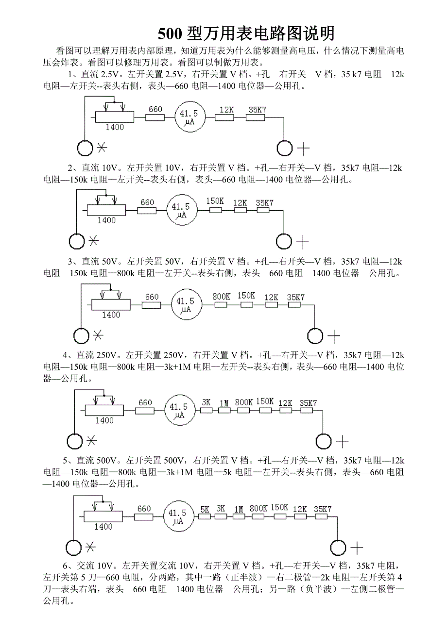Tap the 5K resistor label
pos(205,509)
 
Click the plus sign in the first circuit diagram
pos(303,148)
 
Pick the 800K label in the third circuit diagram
pos(221,296)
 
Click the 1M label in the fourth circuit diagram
pos(224,403)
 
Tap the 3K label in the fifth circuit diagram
pos(221,509)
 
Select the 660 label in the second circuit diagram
pos(147,202)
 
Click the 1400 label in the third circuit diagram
pos(111,315)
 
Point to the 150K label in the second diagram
pos(215,201)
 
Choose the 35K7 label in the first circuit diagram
pos(257,110)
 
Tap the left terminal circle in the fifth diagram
pos(73,548)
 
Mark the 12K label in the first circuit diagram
pos(227,110)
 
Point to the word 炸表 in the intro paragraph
pos(67,63)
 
